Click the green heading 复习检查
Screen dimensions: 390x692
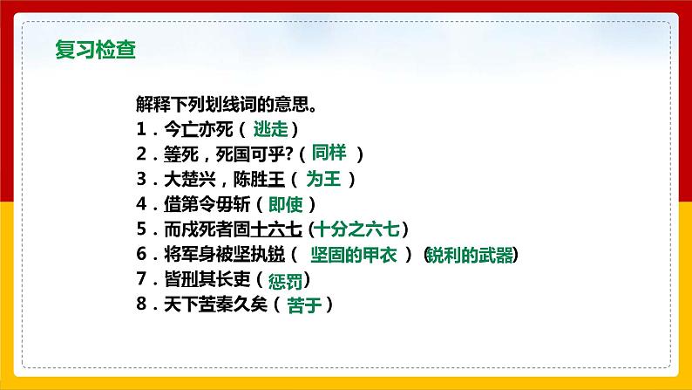click(x=94, y=48)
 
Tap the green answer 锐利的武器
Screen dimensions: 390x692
click(x=470, y=255)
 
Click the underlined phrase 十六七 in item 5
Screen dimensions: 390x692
click(x=275, y=230)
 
